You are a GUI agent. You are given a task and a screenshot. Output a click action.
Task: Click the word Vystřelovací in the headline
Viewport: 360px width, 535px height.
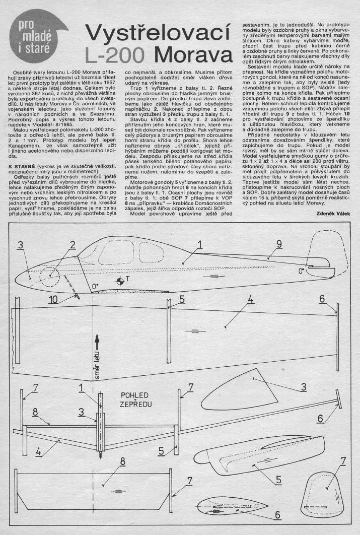pyautogui.click(x=154, y=33)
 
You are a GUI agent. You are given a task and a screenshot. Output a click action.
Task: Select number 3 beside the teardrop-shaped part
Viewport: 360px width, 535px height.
pyautogui.click(x=304, y=387)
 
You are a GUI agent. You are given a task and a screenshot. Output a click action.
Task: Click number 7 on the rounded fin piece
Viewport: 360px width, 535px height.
pyautogui.click(x=343, y=460)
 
